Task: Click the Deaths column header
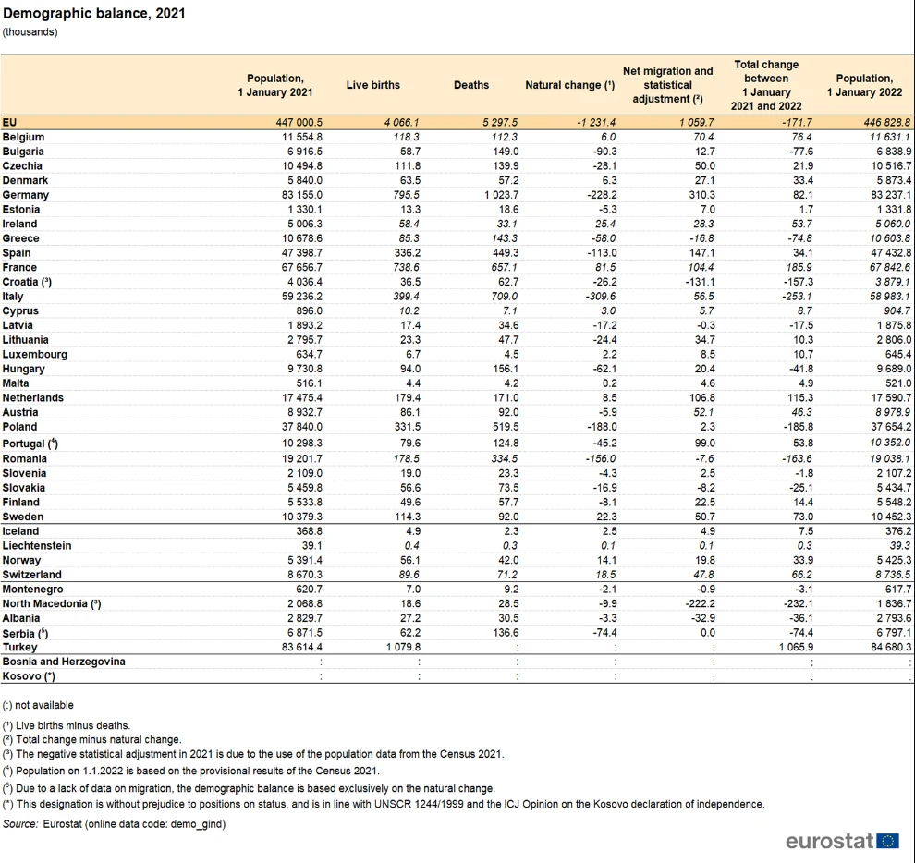(471, 85)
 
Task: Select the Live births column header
(372, 85)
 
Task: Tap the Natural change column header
(569, 85)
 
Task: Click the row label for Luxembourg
(34, 355)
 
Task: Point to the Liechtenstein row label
(37, 546)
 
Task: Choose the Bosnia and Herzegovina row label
(64, 662)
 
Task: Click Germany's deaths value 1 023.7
(501, 195)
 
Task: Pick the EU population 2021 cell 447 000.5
(299, 123)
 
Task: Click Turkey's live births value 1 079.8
(403, 647)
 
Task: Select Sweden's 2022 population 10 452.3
(891, 517)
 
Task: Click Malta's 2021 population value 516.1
(310, 383)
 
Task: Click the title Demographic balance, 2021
(94, 14)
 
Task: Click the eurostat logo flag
(887, 841)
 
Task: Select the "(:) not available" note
(38, 705)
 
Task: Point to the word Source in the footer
(20, 824)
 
